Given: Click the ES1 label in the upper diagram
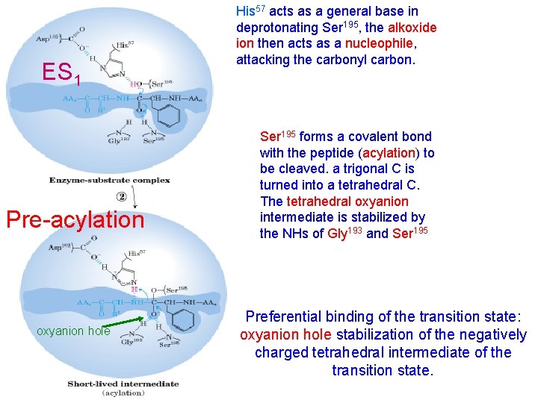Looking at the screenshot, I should pos(61,73).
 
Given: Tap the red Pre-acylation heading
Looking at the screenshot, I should pos(74,219).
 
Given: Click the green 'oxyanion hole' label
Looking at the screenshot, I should pos(73,331).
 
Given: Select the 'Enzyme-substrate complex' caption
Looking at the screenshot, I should pos(109,180).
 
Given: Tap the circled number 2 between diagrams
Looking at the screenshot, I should pos(121,197).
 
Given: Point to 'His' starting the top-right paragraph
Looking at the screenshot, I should pos(245,12).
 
